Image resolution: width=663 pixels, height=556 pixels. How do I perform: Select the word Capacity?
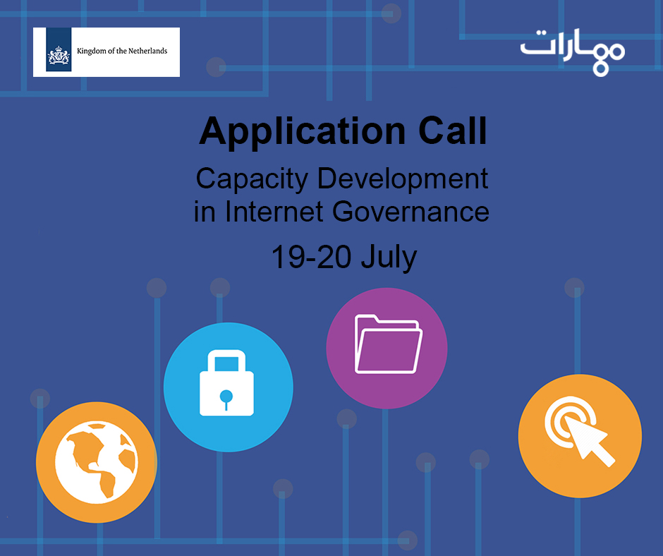pos(252,179)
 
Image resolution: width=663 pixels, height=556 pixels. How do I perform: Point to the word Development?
pos(403,179)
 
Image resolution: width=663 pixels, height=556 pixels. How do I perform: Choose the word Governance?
pos(410,211)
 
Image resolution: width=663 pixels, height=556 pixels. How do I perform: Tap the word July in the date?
pos(389,258)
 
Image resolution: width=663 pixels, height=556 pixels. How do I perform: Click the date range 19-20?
pos(311,256)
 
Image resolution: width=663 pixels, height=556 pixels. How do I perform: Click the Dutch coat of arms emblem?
pos(59,56)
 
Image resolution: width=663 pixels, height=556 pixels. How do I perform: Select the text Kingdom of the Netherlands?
pos(122,52)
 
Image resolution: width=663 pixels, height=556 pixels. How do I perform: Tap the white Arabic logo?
pos(573,52)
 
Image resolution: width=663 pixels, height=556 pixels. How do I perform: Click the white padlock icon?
pos(226,382)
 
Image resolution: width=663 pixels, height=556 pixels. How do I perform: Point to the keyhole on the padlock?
pos(226,399)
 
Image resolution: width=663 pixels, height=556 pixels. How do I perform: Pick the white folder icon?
pos(388,344)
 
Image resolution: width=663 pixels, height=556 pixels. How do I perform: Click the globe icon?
pos(97,462)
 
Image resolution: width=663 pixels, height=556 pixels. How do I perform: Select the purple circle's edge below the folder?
pos(387,409)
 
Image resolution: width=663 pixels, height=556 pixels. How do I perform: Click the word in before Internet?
pos(205,211)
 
